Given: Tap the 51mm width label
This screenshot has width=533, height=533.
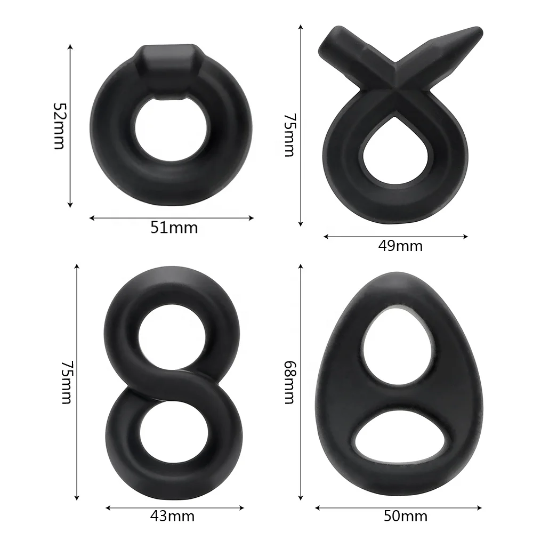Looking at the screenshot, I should pos(174,228).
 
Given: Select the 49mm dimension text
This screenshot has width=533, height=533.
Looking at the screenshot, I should pos(400,246).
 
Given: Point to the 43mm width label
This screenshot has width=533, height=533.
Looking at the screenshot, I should pos(173,516).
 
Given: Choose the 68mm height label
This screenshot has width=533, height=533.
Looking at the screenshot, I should pos(289,382).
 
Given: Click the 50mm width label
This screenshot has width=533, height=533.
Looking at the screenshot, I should pos(405,516).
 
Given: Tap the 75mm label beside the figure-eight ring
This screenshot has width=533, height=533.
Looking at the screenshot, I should pos(66,382).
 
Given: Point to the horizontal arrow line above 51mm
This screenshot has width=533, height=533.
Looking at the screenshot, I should pos(171,217).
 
